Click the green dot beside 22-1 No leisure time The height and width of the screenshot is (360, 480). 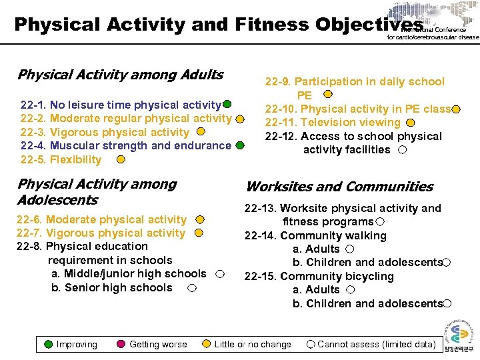227,104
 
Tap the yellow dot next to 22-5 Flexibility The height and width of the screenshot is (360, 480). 121,159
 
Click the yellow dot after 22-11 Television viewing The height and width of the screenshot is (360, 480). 411,122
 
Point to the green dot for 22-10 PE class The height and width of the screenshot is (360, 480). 456,109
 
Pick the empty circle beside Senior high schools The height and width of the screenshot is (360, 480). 192,288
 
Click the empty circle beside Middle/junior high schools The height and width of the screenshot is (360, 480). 219,274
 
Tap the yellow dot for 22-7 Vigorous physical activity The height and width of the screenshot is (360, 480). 198,233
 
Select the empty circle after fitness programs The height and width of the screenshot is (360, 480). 379,221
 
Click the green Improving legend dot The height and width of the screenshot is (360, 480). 48,344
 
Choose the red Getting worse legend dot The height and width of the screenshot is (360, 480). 121,344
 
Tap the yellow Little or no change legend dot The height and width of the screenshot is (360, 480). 206,344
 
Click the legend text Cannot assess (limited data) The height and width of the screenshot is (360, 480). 376,344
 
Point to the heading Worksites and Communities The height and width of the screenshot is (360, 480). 339,187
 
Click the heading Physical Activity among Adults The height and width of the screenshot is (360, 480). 120,75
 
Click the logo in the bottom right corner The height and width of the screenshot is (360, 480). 459,337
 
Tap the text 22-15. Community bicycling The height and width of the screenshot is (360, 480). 319,276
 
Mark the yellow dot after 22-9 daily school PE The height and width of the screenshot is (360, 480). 326,95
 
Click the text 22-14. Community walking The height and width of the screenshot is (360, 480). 315,235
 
